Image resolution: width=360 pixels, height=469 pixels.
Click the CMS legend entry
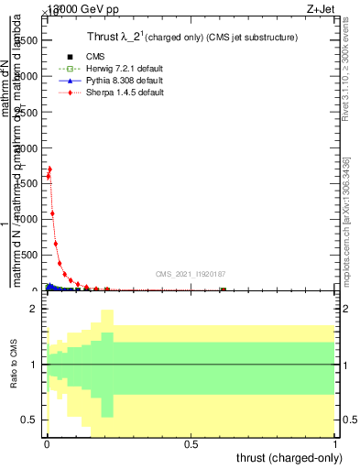[x=83, y=57]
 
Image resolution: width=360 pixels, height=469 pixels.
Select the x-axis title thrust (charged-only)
[x=290, y=457]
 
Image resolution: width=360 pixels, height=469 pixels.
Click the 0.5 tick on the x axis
[x=191, y=443]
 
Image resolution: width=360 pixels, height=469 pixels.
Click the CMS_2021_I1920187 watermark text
[x=191, y=274]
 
